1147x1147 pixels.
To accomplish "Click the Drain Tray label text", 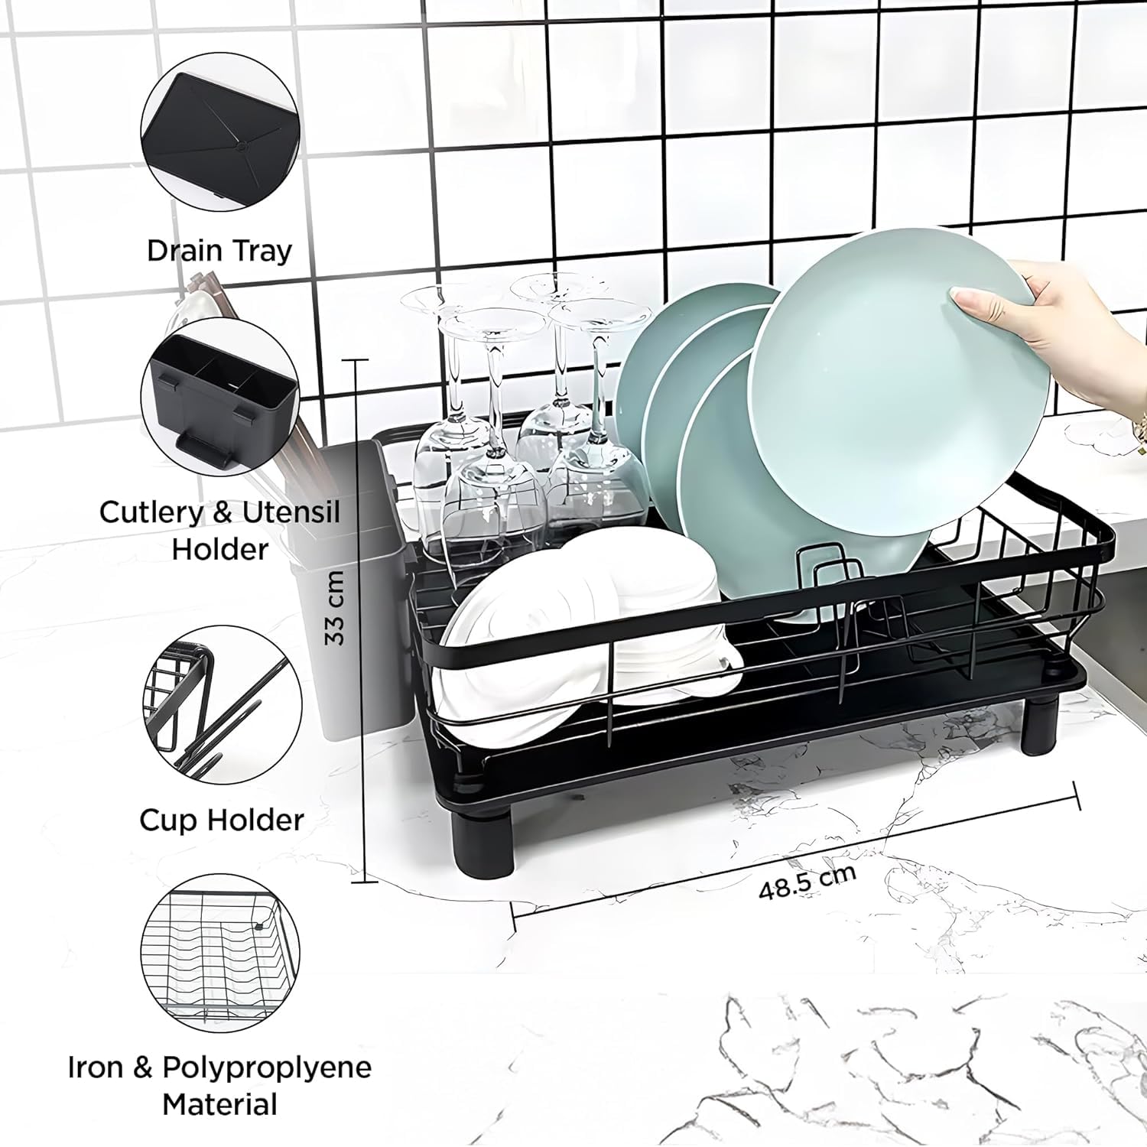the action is pyautogui.click(x=219, y=251).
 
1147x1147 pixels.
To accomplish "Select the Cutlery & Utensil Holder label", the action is pyautogui.click(x=219, y=530).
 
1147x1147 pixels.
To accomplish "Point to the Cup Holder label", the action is pyautogui.click(x=222, y=820).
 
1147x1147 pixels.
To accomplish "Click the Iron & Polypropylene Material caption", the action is pyautogui.click(x=219, y=1085).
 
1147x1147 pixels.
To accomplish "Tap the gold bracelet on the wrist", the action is pyautogui.click(x=1139, y=436).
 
